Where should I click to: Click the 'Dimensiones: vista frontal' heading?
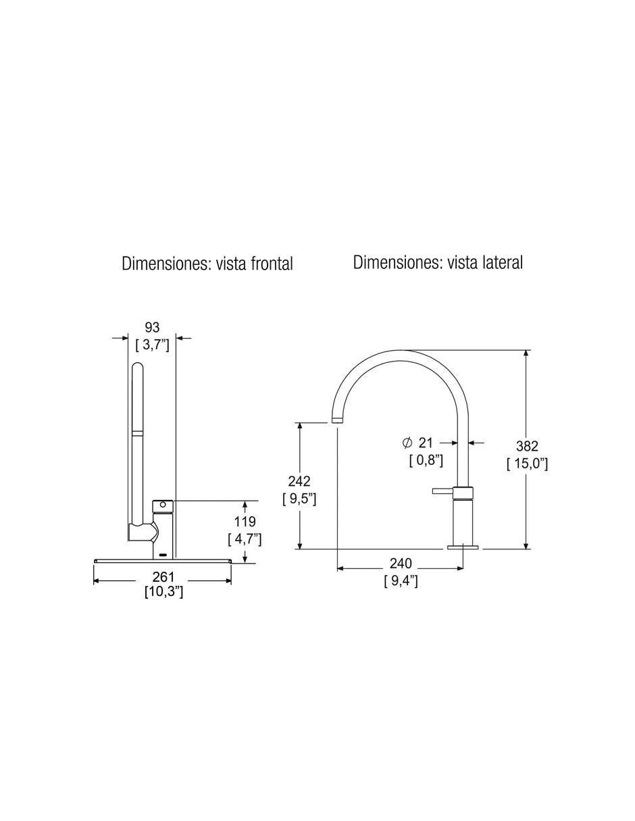pyautogui.click(x=207, y=264)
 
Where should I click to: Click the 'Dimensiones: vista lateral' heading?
pyautogui.click(x=438, y=262)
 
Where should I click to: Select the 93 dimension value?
pyautogui.click(x=152, y=327)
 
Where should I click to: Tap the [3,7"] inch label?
pyautogui.click(x=153, y=345)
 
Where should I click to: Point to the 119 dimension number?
pyautogui.click(x=245, y=522)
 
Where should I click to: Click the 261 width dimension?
pyautogui.click(x=163, y=577)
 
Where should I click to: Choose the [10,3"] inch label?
pyautogui.click(x=164, y=592)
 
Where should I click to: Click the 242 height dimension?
pyautogui.click(x=299, y=481)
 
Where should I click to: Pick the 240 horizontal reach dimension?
pyautogui.click(x=401, y=564)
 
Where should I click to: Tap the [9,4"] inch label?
pyautogui.click(x=401, y=580)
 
